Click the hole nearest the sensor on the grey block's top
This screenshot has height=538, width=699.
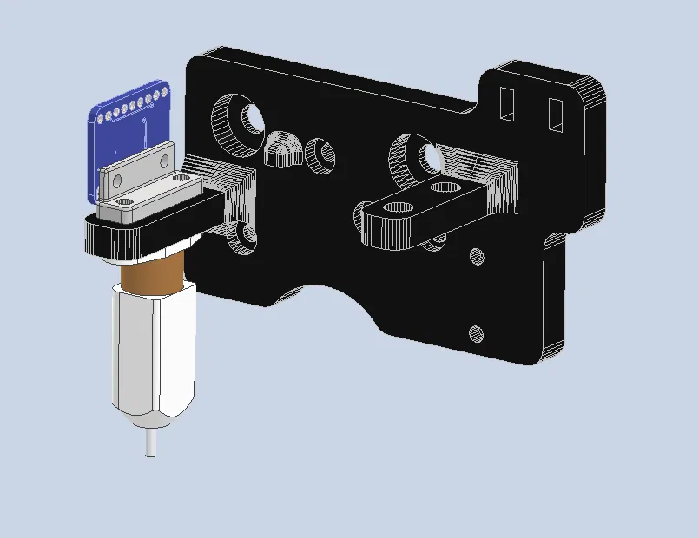(123, 202)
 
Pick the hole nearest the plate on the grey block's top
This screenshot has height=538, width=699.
(181, 178)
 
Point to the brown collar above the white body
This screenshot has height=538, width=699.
(151, 277)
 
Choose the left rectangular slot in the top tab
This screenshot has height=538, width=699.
(507, 102)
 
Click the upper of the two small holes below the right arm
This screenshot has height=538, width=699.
(476, 256)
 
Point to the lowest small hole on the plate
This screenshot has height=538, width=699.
(475, 332)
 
